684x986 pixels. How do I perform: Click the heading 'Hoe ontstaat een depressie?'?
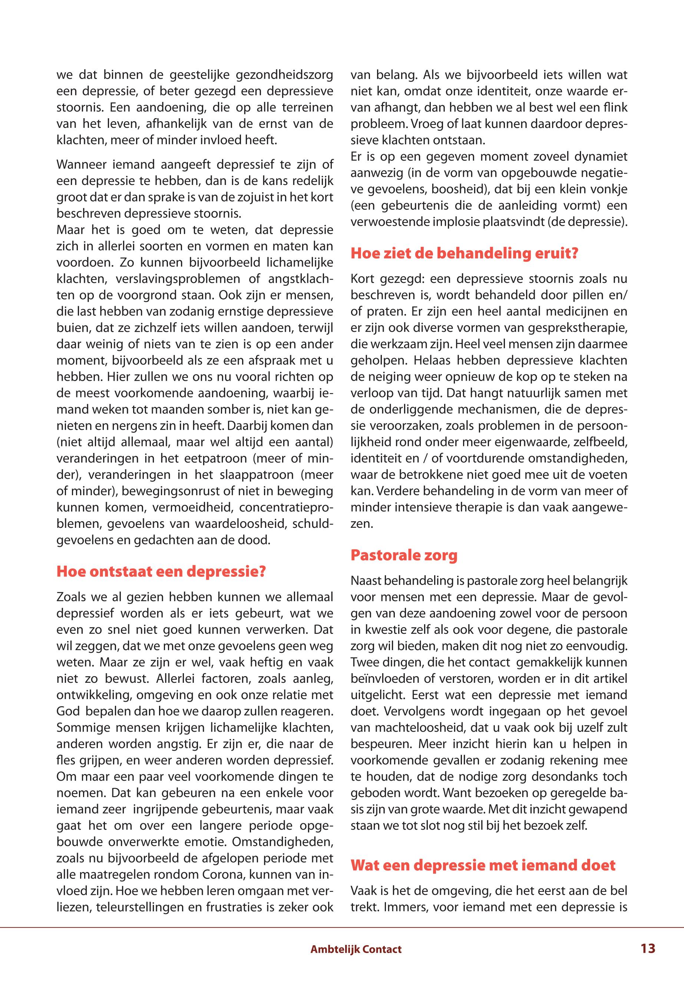161,572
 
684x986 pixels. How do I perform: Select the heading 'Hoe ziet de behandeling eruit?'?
464,253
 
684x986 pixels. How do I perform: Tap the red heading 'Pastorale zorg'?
404,555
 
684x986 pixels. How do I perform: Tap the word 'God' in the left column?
68,711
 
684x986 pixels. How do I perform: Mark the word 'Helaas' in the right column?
432,360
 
